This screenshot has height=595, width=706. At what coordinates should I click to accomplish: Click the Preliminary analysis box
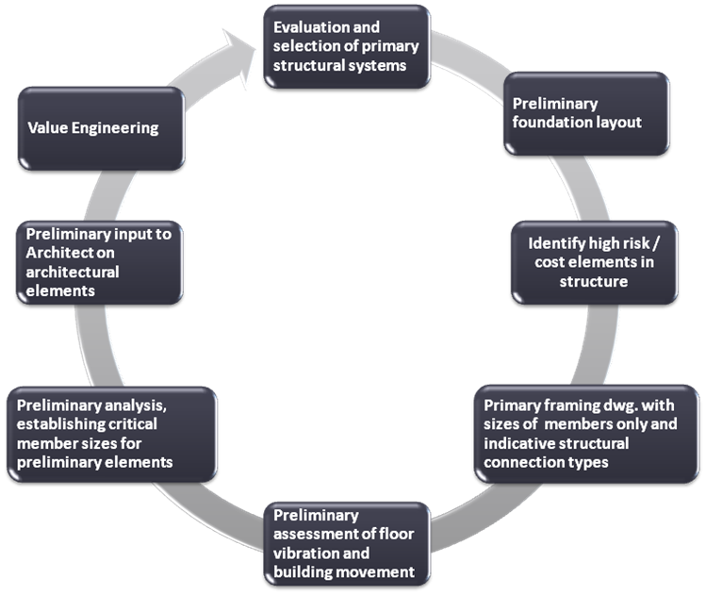tap(109, 434)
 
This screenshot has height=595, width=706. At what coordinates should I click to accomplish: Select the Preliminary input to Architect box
tap(99, 262)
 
